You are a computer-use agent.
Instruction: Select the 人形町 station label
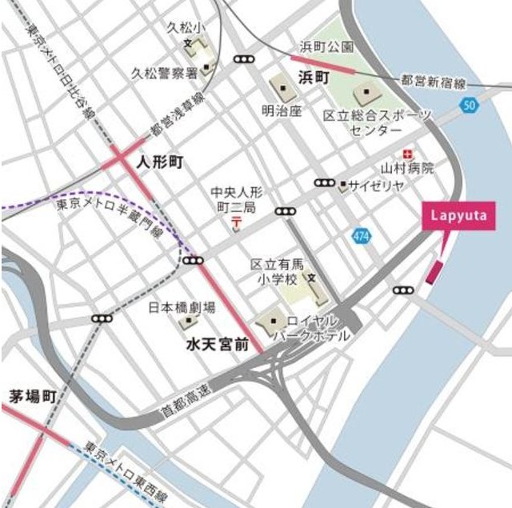point(160,162)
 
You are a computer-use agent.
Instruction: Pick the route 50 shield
point(470,105)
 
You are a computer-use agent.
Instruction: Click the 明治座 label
point(282,110)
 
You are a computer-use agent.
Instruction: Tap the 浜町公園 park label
point(326,46)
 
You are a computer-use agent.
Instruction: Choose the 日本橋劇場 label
point(182,307)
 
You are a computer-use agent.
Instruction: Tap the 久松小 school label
point(182,28)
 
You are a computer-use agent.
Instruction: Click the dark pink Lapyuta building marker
point(434,272)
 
